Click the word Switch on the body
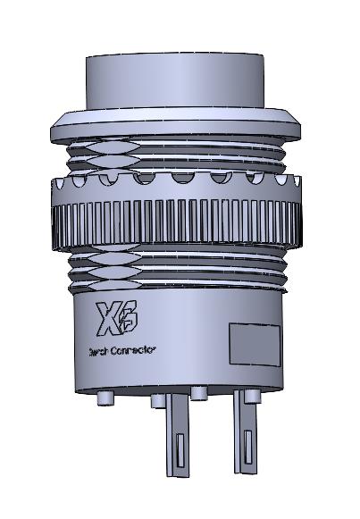[x=97, y=350]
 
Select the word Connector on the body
[x=133, y=350]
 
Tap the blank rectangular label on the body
[x=255, y=344]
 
